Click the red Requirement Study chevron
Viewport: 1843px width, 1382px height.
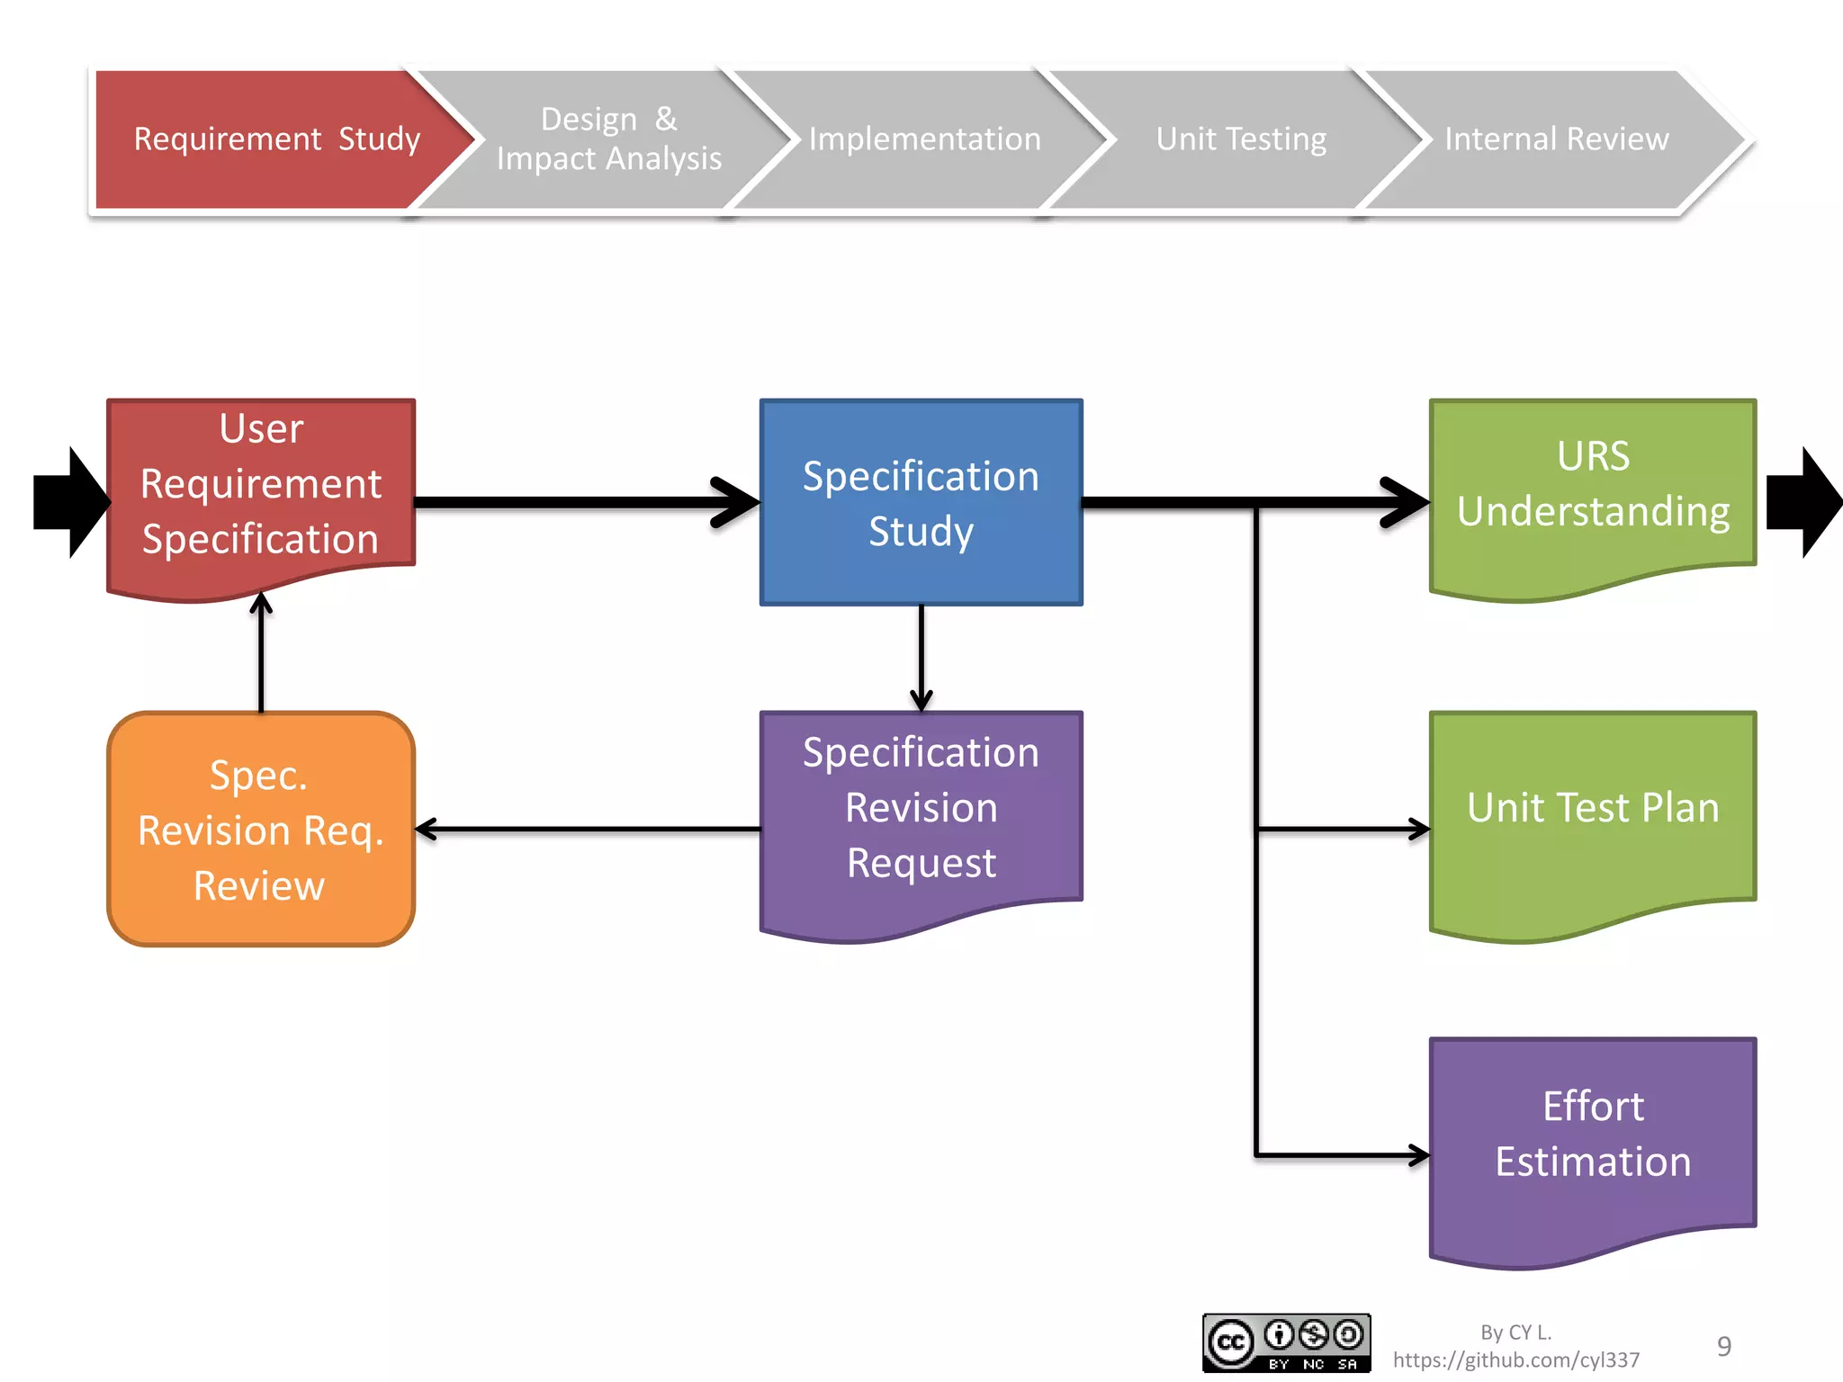point(270,139)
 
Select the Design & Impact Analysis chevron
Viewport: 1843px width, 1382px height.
point(609,139)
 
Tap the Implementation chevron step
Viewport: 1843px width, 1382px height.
point(924,139)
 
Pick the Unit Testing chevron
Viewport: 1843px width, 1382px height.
point(1241,139)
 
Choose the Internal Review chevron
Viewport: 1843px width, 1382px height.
point(1556,139)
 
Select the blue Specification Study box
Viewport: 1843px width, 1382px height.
point(921,502)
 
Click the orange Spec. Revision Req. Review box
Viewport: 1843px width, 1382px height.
point(261,829)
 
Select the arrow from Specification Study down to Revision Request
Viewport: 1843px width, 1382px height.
point(921,657)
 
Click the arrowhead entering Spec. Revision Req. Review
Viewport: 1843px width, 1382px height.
point(427,829)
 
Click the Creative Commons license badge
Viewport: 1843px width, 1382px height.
point(1286,1342)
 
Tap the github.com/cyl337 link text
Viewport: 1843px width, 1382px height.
point(1516,1360)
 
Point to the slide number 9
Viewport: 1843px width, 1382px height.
point(1723,1346)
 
